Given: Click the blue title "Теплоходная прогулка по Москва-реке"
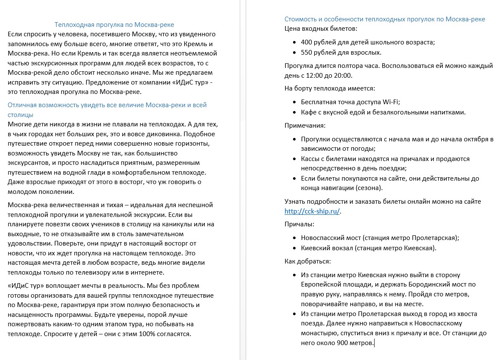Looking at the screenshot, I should click(114, 25).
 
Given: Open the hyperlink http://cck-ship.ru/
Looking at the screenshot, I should click(312, 211).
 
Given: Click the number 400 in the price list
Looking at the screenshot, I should click(306, 42).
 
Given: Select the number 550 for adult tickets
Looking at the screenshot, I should click(306, 52).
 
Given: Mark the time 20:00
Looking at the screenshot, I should click(342, 76).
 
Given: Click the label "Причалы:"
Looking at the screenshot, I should click(299, 224).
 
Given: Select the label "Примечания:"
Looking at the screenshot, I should click(305, 126).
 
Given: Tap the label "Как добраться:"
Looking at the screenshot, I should click(308, 261).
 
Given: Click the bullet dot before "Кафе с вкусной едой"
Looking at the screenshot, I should click(295, 112).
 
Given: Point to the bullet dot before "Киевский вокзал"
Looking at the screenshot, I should click(295, 248).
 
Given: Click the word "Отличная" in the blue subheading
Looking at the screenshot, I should click(22, 105).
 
